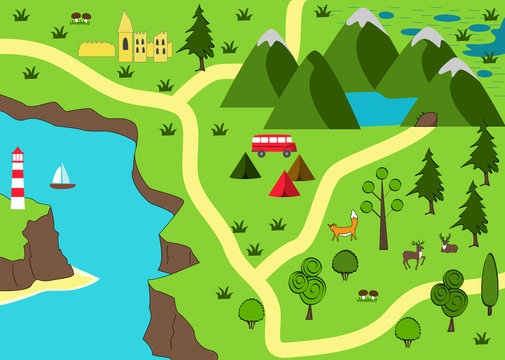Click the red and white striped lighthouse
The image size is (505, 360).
pyautogui.click(x=17, y=180)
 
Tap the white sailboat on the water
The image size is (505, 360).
pyautogui.click(x=62, y=177)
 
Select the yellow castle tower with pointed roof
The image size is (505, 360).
pyautogui.click(x=125, y=38)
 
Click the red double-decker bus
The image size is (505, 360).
pyautogui.click(x=273, y=145)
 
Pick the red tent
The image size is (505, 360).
pyautogui.click(x=284, y=184)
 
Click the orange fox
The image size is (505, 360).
pyautogui.click(x=343, y=228)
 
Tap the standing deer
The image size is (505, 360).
pyautogui.click(x=413, y=255)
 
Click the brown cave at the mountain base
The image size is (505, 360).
pyautogui.click(x=427, y=120)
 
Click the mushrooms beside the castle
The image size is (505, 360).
pyautogui.click(x=81, y=17)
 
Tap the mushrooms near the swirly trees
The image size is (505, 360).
pyautogui.click(x=368, y=294)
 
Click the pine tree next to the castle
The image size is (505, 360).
pyautogui.click(x=199, y=38)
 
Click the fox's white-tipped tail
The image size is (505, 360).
pyautogui.click(x=354, y=216)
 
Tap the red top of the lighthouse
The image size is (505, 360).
pyautogui.click(x=17, y=154)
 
